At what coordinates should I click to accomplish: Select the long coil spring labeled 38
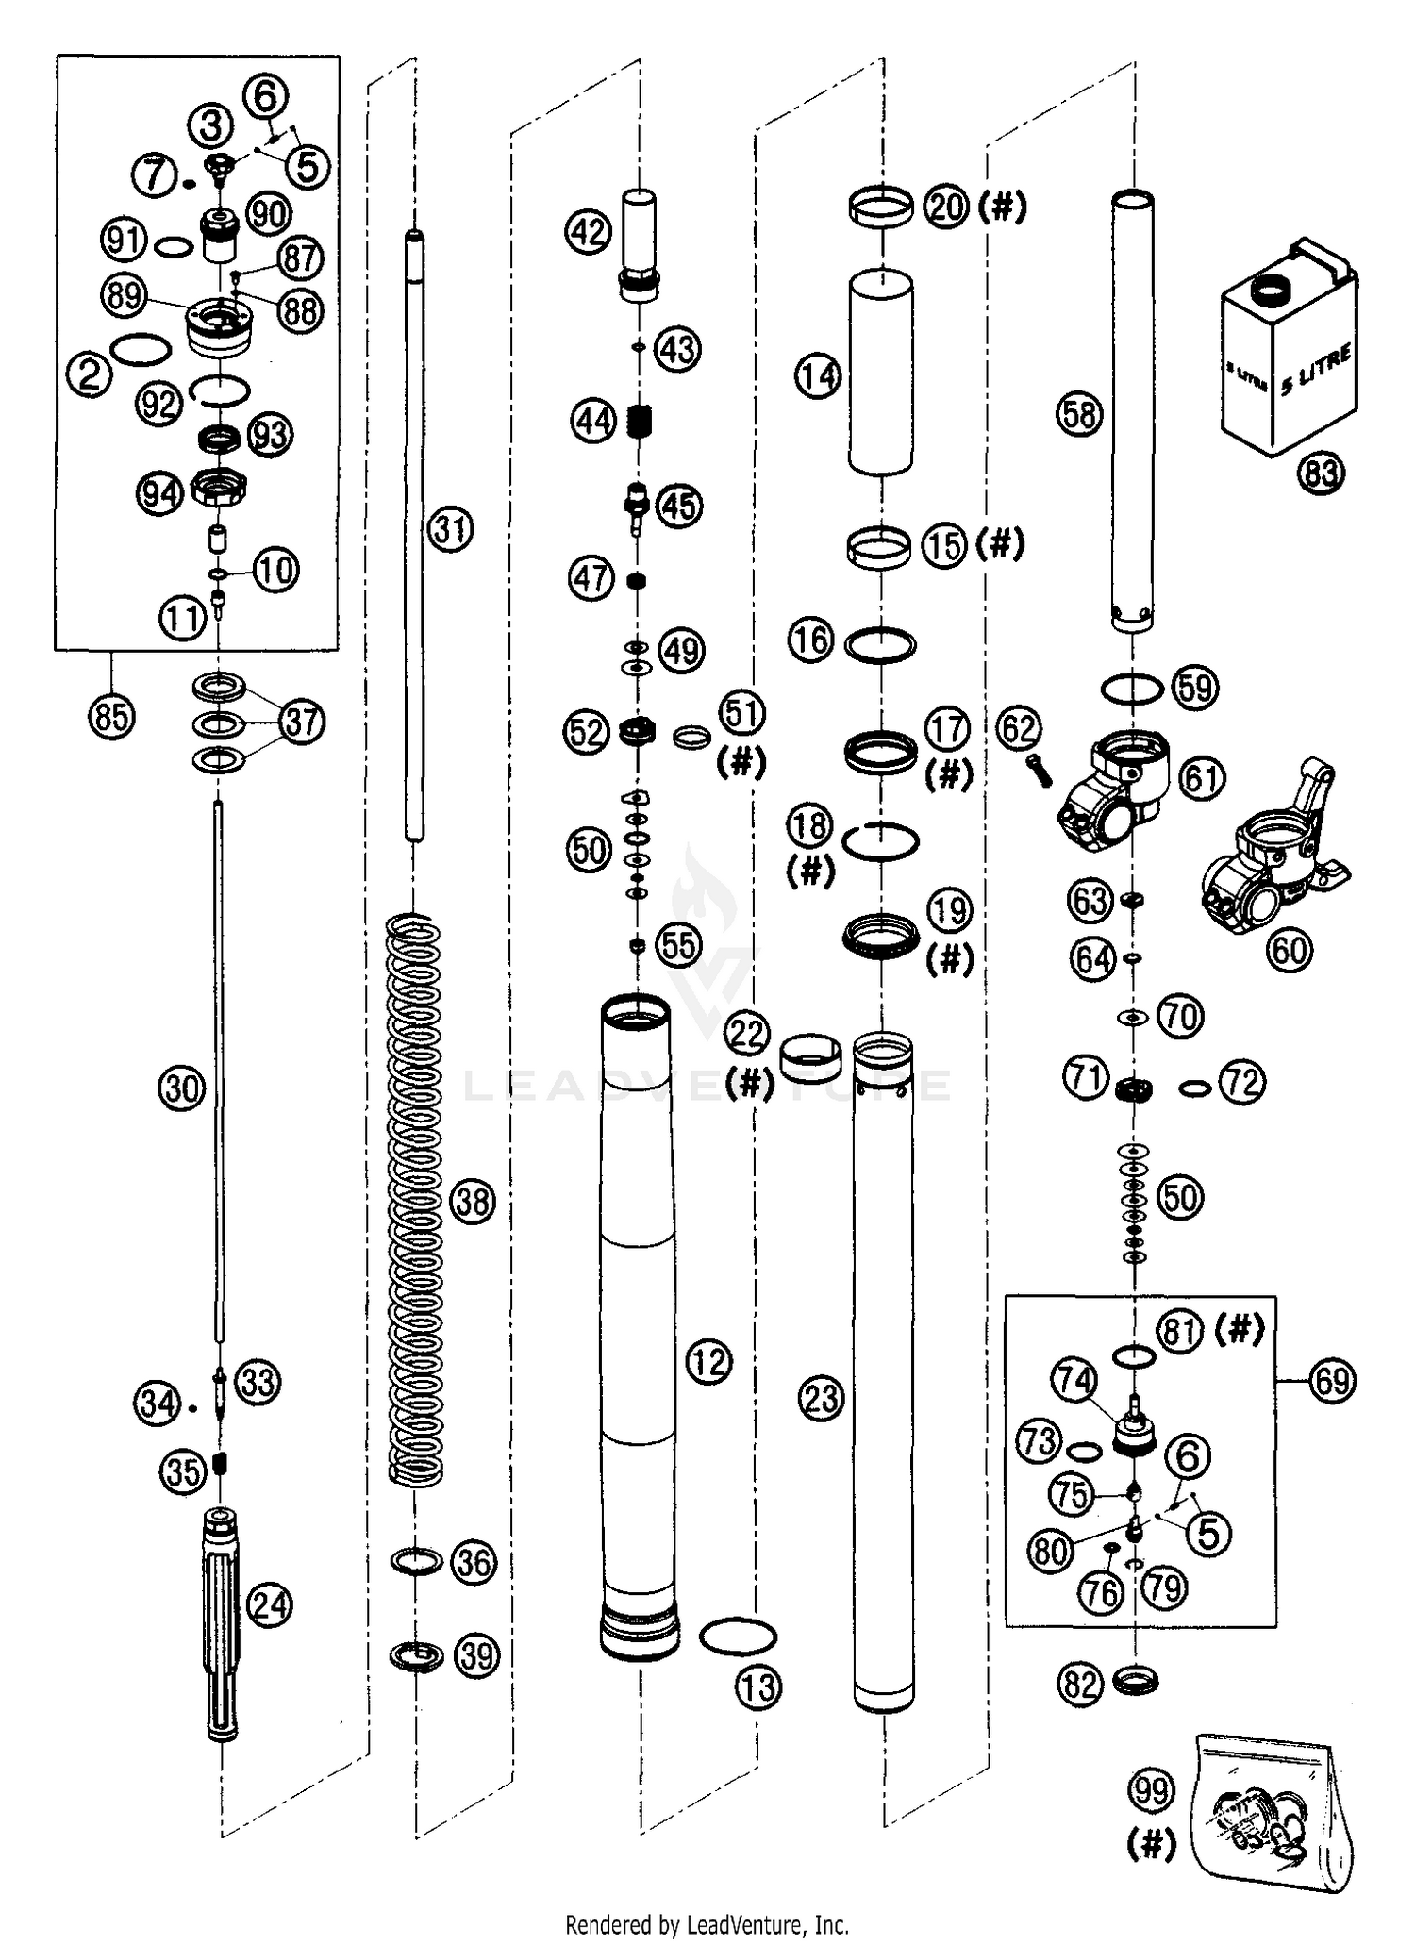[x=416, y=1198]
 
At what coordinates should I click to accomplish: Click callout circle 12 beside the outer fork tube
[x=708, y=1361]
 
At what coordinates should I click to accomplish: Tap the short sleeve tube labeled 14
[x=880, y=373]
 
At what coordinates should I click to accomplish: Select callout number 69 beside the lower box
[x=1332, y=1381]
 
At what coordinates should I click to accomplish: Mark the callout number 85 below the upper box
[x=110, y=718]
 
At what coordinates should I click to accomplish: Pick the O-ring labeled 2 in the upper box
[x=141, y=349]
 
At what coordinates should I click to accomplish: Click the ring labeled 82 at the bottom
[x=1136, y=1680]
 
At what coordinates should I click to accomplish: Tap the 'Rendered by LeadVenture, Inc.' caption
[x=707, y=1924]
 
